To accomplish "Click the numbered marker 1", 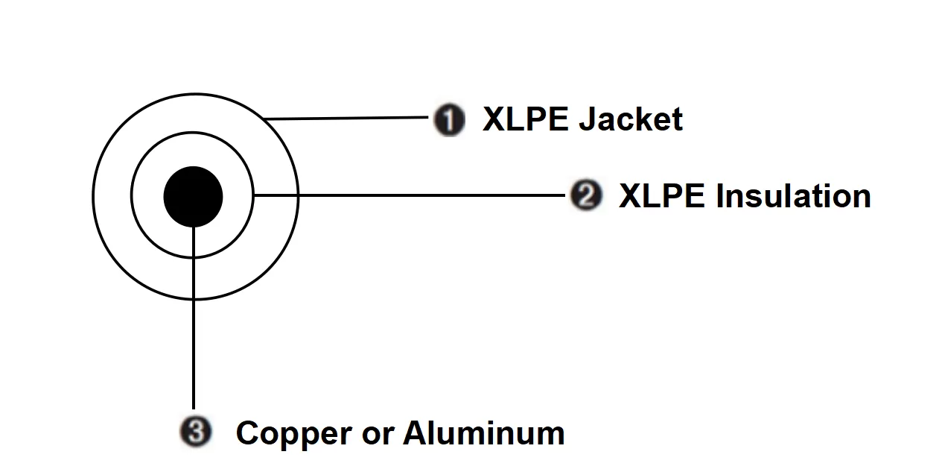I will [x=450, y=120].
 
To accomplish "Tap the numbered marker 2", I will [x=586, y=195].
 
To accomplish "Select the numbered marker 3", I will [x=196, y=432].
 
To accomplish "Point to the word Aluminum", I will [x=484, y=432].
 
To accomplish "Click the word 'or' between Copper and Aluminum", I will [x=374, y=435].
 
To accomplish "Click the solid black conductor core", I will [x=193, y=196].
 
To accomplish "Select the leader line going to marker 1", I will [x=350, y=118].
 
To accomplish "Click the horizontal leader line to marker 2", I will [x=410, y=195].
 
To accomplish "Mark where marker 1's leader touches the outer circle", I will [x=266, y=119].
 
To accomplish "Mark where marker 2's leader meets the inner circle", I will [x=254, y=195].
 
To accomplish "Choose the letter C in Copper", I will [x=248, y=433].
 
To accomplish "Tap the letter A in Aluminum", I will [x=416, y=432].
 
